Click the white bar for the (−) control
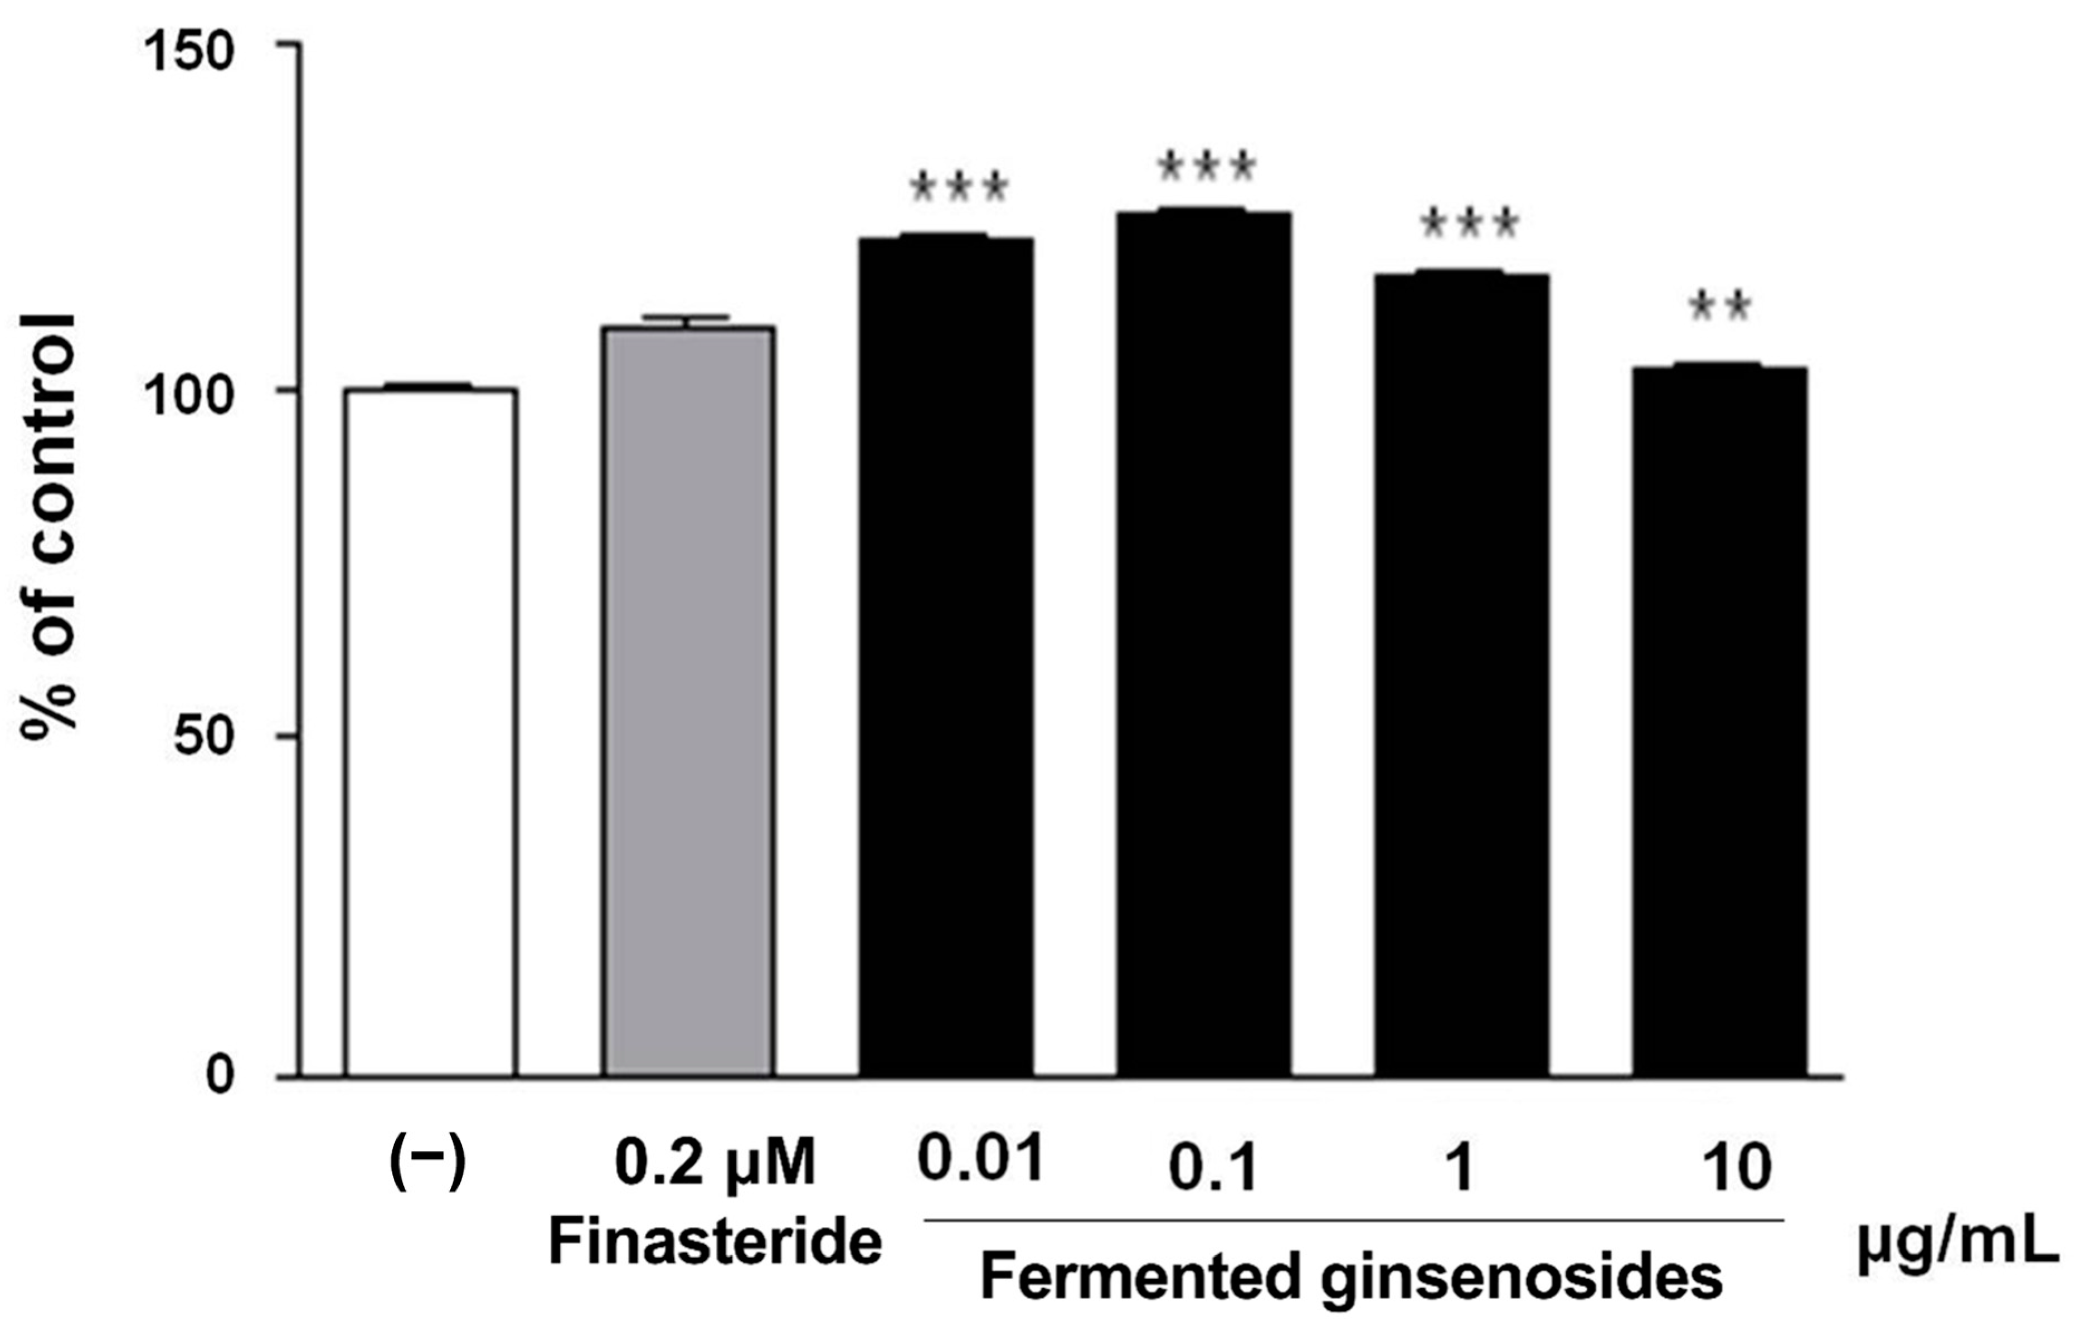coord(430,732)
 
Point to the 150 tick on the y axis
coord(189,54)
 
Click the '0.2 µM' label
coord(715,1164)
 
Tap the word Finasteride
coord(715,1244)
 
